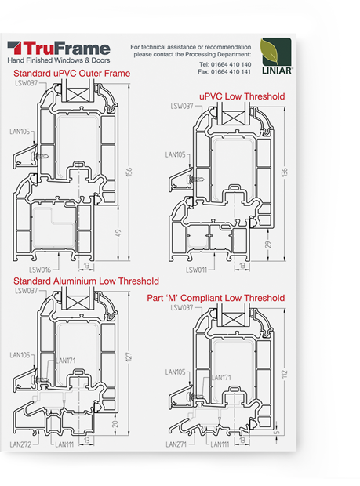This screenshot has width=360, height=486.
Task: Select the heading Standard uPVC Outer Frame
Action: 71,74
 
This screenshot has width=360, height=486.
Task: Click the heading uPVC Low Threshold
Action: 242,96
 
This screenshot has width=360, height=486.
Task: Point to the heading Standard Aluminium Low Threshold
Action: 86,281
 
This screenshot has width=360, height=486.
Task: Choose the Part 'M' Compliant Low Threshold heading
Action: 216,298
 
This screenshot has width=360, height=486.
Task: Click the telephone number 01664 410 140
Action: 231,64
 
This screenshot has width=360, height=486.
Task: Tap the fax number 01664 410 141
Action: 231,71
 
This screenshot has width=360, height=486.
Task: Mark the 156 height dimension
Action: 129,172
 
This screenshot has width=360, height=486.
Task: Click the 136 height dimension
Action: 285,172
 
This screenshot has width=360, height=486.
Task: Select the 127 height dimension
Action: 129,357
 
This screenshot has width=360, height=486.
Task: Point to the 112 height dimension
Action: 285,374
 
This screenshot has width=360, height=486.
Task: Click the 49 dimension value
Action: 118,233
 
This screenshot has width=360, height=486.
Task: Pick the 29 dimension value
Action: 268,245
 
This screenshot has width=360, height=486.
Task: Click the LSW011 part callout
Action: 196,270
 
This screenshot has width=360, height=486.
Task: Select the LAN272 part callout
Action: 20,444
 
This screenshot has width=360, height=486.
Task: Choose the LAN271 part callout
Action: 176,444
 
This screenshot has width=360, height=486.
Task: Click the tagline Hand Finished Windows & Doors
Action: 59,60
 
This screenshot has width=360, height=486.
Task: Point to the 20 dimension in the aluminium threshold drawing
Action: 115,424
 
